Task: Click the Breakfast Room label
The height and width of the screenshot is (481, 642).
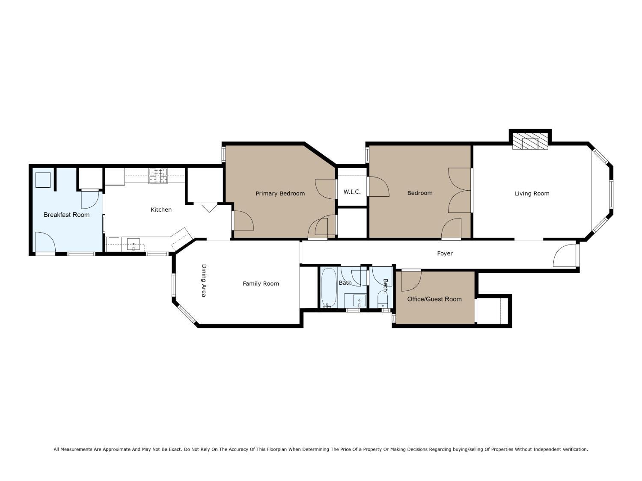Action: point(66,215)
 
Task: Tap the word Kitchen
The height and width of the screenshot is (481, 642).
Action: point(161,210)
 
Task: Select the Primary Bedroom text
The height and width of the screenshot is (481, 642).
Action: point(280,193)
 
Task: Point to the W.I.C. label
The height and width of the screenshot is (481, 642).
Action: point(352,192)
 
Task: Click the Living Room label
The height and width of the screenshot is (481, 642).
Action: point(532,193)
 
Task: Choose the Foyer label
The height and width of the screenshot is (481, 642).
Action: point(445,254)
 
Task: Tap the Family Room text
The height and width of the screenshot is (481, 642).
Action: point(261,283)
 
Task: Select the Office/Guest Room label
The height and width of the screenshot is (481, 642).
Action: point(434,299)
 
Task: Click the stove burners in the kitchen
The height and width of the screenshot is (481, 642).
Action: point(158,176)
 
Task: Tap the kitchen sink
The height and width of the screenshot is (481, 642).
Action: point(134,245)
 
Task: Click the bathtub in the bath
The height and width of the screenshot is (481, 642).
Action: point(329,288)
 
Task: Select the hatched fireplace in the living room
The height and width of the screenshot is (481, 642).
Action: point(530,142)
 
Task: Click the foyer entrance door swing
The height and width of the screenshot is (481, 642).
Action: point(564,255)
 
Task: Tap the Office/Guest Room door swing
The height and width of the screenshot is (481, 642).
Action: point(411,281)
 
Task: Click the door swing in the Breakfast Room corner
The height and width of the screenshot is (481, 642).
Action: point(45,242)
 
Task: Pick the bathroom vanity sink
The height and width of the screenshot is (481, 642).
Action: point(359,301)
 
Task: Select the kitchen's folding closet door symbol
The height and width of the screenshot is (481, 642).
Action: point(209,207)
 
